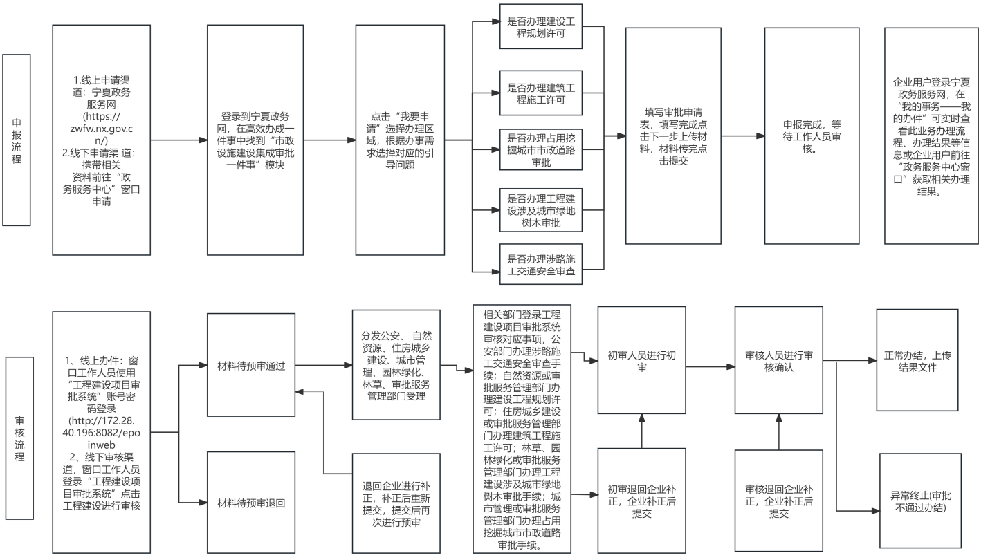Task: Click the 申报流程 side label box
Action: [17, 140]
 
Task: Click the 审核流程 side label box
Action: [19, 438]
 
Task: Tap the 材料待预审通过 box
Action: [252, 365]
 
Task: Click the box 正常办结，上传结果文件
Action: [918, 361]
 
